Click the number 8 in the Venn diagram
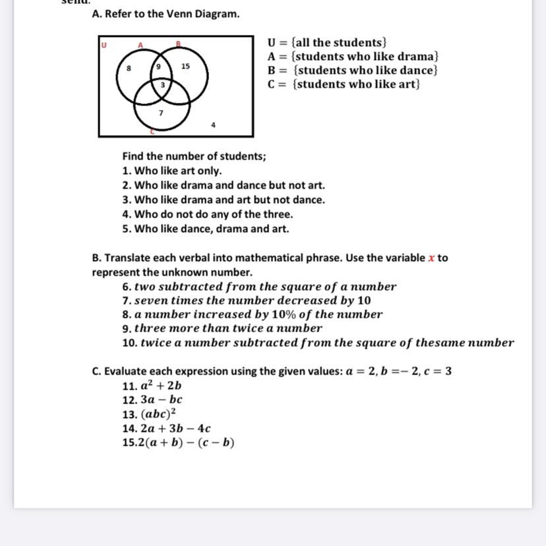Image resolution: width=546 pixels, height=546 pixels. (x=129, y=67)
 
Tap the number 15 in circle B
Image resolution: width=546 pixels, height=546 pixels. (x=185, y=66)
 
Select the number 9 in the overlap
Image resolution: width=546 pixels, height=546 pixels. (x=158, y=67)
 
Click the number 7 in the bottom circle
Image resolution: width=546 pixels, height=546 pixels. (x=161, y=113)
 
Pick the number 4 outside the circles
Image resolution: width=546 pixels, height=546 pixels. (x=213, y=124)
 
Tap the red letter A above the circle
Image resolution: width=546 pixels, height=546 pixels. (x=140, y=44)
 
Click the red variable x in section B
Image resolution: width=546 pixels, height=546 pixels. (x=431, y=258)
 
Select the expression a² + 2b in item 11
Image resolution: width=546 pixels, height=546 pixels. (x=162, y=386)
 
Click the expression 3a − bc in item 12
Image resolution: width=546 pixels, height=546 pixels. (x=162, y=400)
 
